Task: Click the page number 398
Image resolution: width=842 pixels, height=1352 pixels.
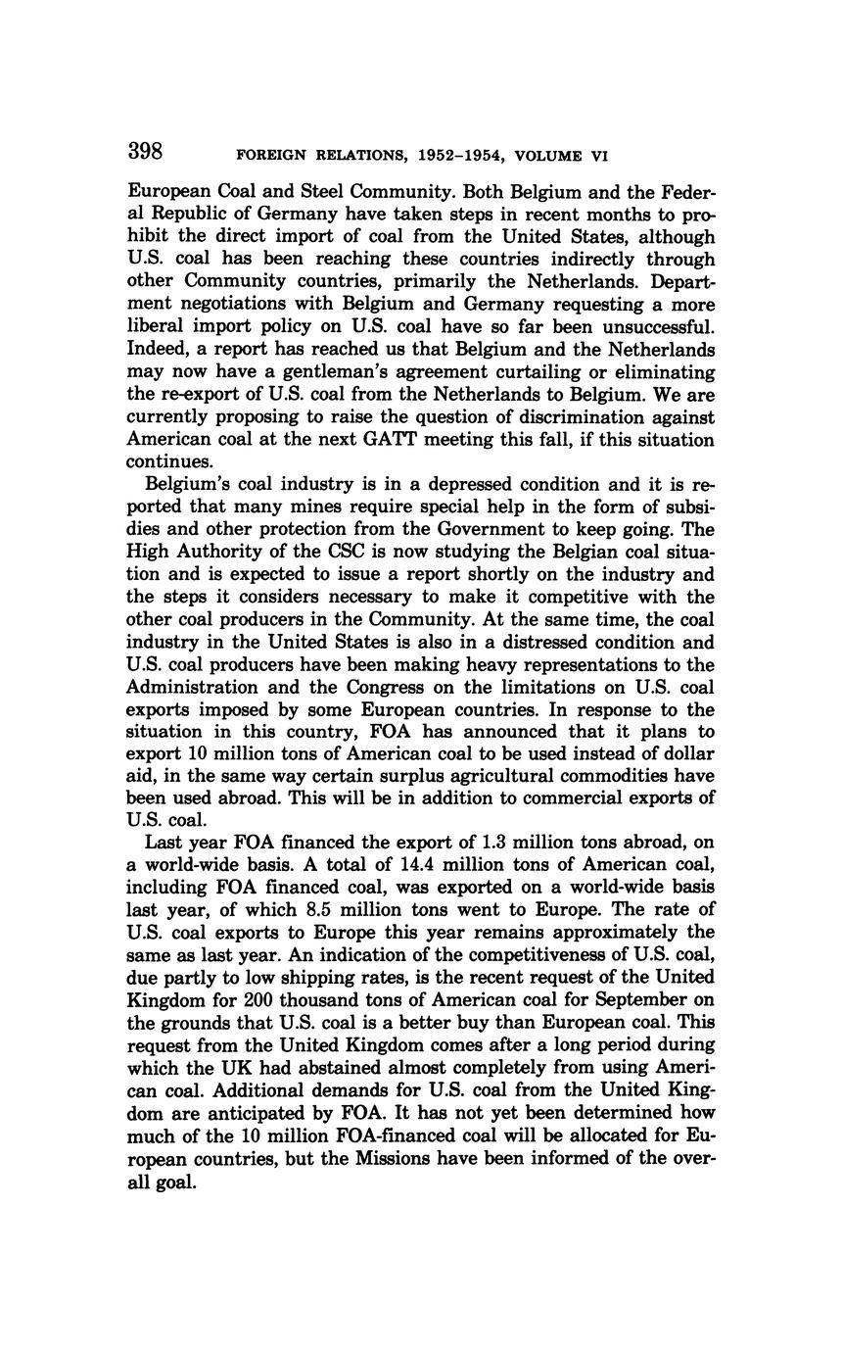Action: pos(145,152)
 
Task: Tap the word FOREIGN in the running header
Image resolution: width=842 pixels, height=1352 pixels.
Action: pos(271,156)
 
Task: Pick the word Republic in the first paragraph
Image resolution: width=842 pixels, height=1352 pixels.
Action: pos(181,215)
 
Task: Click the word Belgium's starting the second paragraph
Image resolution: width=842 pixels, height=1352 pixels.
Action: pos(190,485)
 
